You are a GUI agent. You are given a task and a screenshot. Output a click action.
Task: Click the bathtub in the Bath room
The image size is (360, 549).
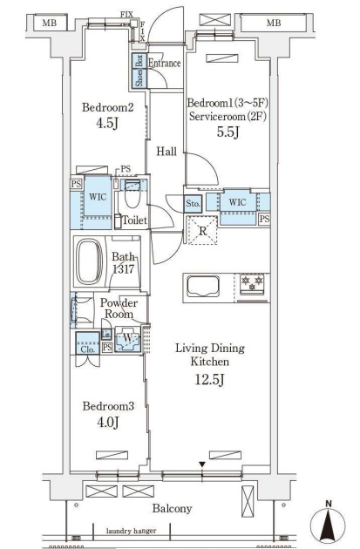[91, 261]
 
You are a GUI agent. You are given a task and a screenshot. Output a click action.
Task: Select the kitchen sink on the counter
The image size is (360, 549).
[203, 286]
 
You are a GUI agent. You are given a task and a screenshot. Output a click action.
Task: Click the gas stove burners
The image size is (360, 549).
[252, 283]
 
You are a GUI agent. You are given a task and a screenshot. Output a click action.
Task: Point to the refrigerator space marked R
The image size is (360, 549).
[203, 231]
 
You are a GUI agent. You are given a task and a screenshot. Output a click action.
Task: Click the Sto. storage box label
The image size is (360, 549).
[193, 203]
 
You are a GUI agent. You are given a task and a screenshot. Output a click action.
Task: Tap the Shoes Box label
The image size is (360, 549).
[139, 71]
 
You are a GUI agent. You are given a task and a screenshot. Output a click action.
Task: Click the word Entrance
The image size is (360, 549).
[164, 63]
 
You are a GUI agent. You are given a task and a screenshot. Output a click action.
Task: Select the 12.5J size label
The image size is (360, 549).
[209, 379]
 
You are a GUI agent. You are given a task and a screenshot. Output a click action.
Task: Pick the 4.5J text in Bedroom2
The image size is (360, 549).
[107, 123]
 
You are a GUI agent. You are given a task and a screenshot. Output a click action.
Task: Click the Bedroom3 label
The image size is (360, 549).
[108, 406]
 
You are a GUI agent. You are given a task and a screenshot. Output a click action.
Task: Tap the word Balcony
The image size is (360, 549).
[172, 508]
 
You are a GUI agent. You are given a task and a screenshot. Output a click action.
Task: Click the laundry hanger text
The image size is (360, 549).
[132, 531]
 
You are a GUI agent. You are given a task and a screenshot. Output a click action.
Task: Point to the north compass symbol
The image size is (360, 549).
[328, 524]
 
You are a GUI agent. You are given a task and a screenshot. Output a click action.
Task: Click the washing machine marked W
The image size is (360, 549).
[128, 339]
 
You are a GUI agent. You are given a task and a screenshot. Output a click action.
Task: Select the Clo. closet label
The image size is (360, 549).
[87, 349]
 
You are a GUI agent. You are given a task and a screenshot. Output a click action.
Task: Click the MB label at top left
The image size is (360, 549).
[50, 24]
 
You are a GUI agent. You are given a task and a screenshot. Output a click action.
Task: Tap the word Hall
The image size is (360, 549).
[166, 152]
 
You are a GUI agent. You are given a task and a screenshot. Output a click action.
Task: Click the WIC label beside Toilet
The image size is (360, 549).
[98, 196]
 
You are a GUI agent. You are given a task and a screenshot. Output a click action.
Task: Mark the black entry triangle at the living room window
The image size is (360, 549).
[202, 464]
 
